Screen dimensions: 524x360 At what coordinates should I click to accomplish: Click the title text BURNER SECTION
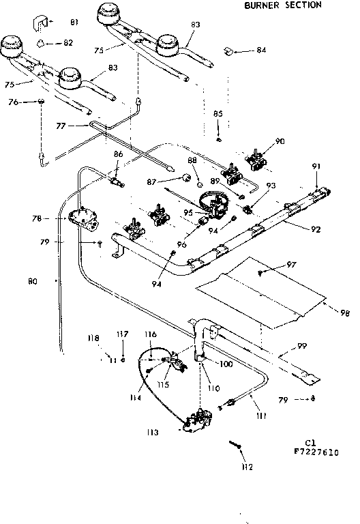(x=282, y=5)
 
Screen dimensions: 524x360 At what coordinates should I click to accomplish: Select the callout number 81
(x=74, y=23)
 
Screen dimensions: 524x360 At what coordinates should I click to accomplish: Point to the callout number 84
(x=261, y=50)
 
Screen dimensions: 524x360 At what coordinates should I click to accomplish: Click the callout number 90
(x=280, y=141)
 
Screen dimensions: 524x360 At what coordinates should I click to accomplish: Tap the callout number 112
(x=247, y=467)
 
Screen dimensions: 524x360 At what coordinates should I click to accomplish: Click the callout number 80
(x=33, y=280)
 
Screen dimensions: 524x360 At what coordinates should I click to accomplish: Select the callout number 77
(x=61, y=126)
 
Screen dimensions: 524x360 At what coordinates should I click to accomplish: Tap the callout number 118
(x=93, y=338)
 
